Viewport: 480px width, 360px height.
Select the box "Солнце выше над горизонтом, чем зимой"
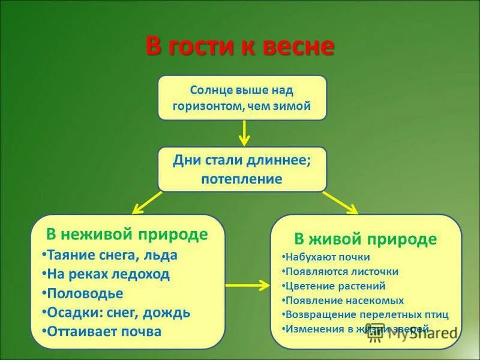242,98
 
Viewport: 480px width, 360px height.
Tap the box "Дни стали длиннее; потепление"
242,169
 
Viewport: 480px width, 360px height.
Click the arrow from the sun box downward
244,133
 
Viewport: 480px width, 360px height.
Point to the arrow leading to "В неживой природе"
147,203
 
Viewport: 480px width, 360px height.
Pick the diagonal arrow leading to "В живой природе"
340,203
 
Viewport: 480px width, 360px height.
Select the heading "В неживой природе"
127,234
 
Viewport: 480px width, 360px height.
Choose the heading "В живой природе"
365,239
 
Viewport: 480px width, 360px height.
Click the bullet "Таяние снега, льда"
112,255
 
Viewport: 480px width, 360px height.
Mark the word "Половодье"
85,293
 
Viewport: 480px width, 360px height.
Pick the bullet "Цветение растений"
335,286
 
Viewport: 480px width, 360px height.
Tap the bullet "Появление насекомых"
344,301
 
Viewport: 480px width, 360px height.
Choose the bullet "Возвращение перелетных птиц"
367,315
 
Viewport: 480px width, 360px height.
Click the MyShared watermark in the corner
414,334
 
